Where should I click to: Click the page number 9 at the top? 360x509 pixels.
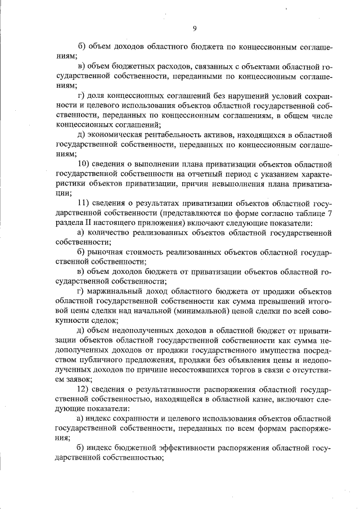[194, 28]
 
